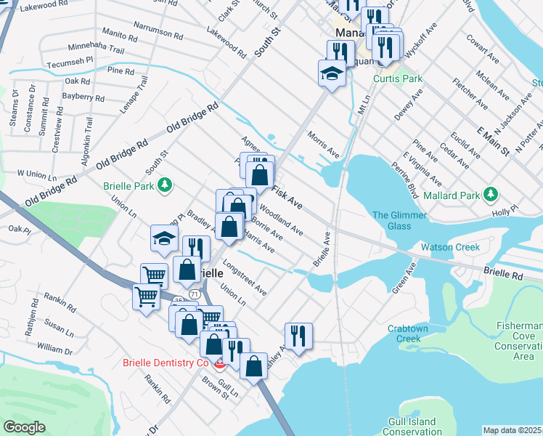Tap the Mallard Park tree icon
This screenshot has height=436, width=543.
point(492,194)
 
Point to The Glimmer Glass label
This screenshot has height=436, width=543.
point(391,220)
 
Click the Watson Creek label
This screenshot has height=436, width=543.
point(450,247)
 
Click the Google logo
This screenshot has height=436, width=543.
point(24,427)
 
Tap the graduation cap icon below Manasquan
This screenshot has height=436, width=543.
point(331,74)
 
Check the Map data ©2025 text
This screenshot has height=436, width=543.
point(512,430)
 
